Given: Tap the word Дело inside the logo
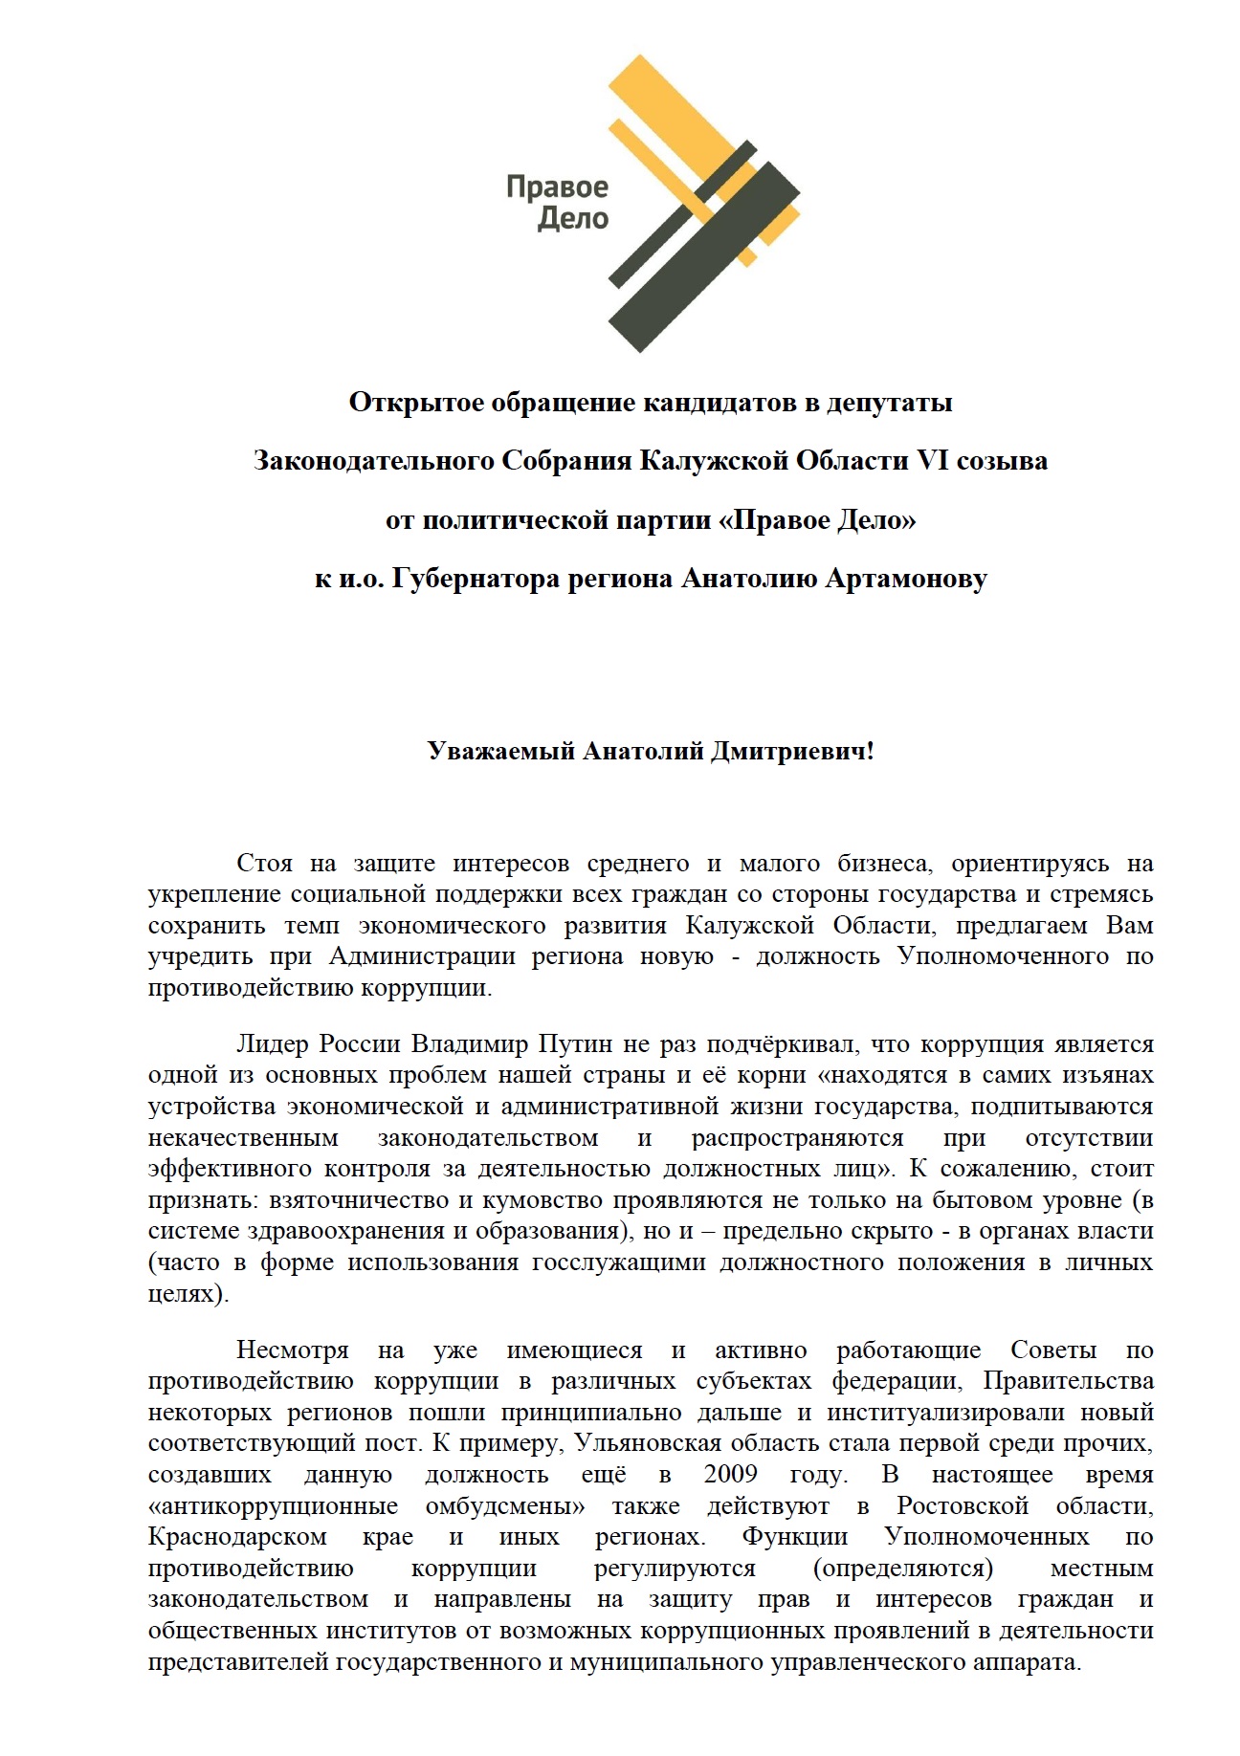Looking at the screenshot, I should click(572, 219).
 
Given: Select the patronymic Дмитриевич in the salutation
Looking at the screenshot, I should click(792, 751).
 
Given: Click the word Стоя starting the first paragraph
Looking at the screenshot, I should click(264, 863).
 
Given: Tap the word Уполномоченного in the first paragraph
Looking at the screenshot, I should click(1003, 955).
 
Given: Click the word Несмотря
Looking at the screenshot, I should click(292, 1350).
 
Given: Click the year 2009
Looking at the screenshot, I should click(730, 1474).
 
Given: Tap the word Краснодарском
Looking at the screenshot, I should click(237, 1536).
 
